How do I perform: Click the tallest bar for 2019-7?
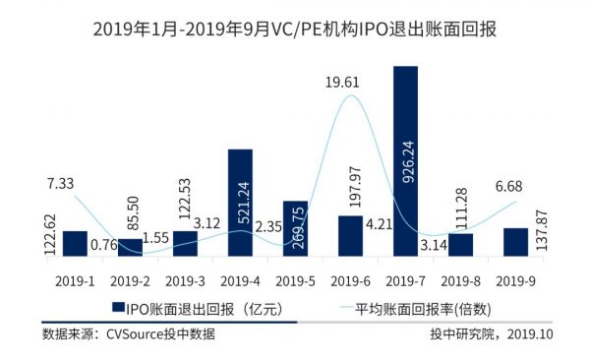[405, 157]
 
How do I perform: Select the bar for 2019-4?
[240, 202]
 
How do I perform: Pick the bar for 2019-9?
[515, 241]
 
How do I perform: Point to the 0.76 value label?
[102, 244]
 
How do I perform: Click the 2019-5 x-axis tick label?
[295, 279]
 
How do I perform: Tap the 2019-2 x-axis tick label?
[130, 279]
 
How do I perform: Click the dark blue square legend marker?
[116, 308]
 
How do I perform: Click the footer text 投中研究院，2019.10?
[492, 334]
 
